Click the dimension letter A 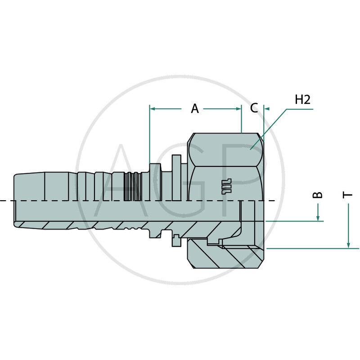coord(194,108)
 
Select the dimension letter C coord(254,108)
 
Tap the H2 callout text coord(302,100)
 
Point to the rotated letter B coord(318,194)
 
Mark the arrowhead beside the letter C coord(267,108)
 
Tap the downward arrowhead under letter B coord(318,218)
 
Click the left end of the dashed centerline coord(3,200)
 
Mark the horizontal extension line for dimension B coord(292,221)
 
